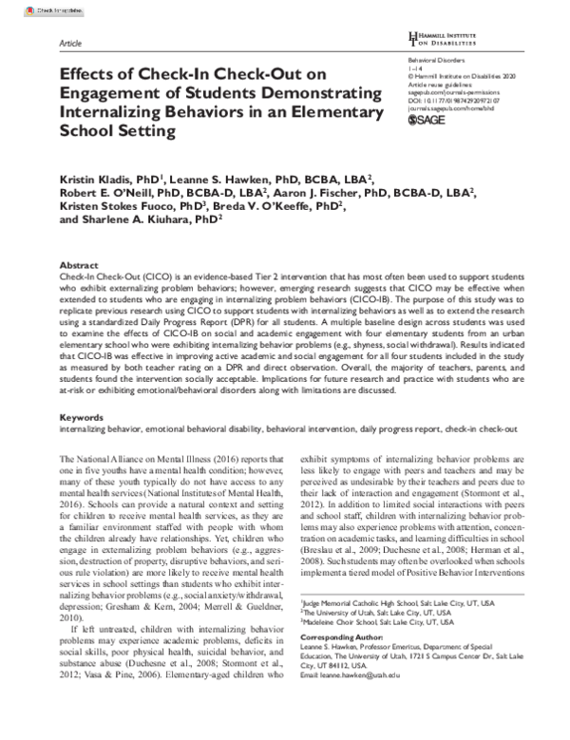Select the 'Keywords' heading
tap(82, 416)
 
